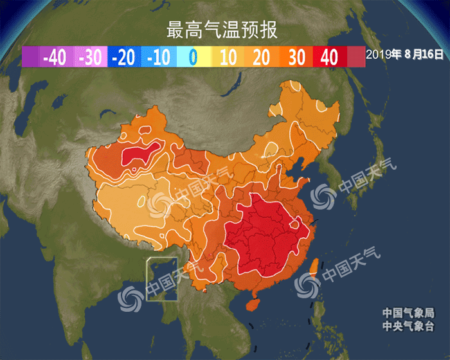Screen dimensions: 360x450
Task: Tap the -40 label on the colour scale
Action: point(53,58)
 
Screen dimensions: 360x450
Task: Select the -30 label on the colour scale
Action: point(90,58)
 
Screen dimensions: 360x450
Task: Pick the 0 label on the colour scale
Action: point(192,58)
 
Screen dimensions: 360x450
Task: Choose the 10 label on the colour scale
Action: point(228,58)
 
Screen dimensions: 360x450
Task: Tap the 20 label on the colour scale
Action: point(262,58)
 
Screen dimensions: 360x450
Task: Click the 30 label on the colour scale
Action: point(296,58)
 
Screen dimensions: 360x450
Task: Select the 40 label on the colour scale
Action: point(329,58)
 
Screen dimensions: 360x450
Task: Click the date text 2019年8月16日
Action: point(405,55)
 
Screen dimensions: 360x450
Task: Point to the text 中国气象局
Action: point(408,313)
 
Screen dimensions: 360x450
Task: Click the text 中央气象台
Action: point(408,327)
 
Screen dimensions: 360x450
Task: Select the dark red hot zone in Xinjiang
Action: point(141,154)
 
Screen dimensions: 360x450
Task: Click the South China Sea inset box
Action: point(161,279)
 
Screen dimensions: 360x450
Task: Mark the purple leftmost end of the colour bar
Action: point(30,58)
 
